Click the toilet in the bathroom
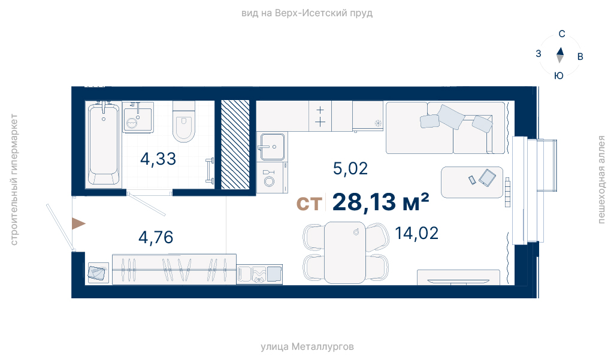click(184, 122)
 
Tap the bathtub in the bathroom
click(104, 144)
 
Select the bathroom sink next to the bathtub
click(138, 117)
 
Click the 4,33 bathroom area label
click(158, 159)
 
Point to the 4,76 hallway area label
click(156, 237)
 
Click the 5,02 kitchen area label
click(350, 168)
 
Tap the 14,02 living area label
click(417, 234)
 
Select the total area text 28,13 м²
click(380, 202)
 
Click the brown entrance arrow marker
click(78, 223)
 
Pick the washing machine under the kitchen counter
click(272, 178)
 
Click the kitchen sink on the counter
click(272, 147)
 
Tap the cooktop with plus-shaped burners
click(320, 116)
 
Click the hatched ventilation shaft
click(235, 144)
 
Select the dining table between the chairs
click(345, 252)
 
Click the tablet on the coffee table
click(487, 178)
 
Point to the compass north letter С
click(562, 34)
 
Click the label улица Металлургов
click(307, 347)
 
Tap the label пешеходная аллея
click(601, 180)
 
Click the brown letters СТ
click(309, 204)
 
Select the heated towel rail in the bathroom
click(211, 171)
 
